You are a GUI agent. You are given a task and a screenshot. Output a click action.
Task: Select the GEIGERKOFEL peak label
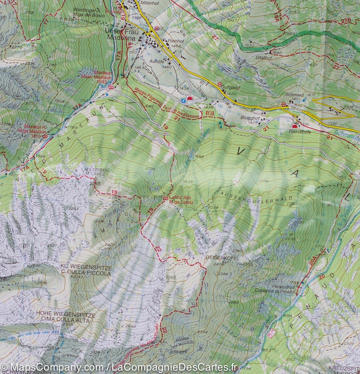(x=222, y=259)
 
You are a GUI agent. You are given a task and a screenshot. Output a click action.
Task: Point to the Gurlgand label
(x=231, y=88)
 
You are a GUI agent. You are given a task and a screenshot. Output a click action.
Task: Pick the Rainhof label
(x=174, y=41)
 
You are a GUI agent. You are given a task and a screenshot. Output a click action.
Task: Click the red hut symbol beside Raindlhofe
(x=295, y=126)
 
